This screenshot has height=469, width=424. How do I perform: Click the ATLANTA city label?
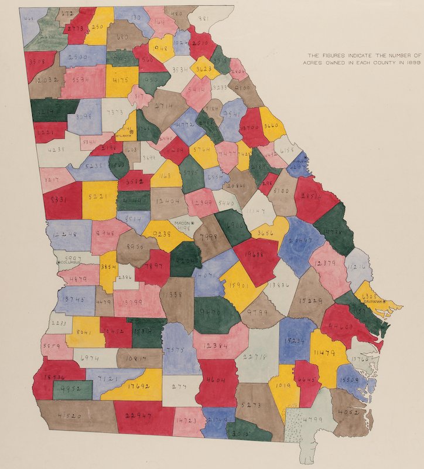124,135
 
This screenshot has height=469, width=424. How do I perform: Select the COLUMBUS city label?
70,263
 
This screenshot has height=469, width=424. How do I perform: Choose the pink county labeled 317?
139,95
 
